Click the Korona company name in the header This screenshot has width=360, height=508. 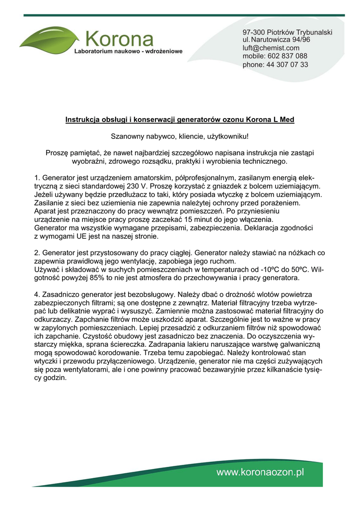[119, 38]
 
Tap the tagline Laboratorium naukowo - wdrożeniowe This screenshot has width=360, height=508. [129, 51]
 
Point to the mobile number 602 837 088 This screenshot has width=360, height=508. [288, 56]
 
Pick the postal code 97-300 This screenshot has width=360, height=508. [254, 32]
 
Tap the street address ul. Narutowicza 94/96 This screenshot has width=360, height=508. [277, 40]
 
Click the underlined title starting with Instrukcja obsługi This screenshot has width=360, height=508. [180, 120]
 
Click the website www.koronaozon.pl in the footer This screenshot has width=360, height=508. [260, 473]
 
